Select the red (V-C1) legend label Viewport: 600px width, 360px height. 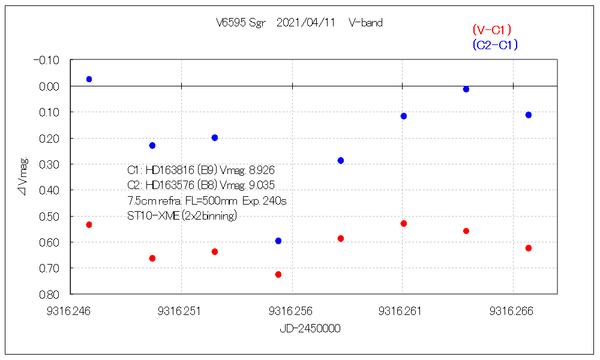pos(491,29)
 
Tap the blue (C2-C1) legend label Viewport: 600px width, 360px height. pos(495,45)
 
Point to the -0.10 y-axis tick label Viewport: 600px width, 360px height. pos(46,60)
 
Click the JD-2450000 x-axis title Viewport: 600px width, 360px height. pos(310,329)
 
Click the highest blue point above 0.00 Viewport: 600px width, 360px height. pos(89,79)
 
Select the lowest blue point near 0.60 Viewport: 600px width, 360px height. pos(278,241)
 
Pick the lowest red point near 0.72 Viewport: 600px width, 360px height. pos(278,274)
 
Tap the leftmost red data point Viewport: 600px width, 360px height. pos(89,224)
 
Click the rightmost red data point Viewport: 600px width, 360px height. pos(529,248)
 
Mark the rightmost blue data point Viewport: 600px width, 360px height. pos(529,115)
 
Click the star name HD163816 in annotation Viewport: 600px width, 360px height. pos(169,170)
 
